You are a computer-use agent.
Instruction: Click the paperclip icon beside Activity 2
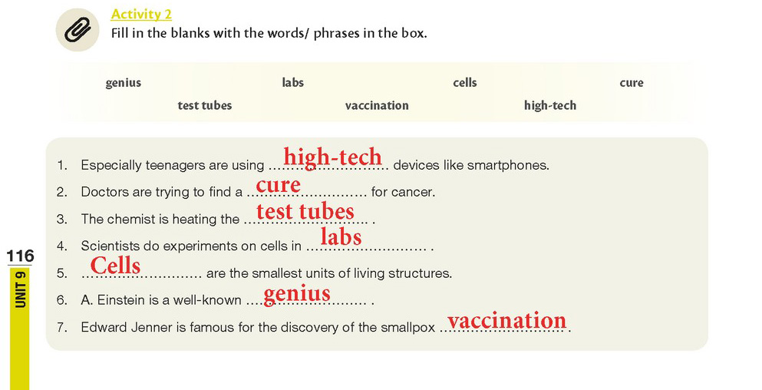point(78,30)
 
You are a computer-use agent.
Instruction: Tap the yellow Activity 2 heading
point(141,14)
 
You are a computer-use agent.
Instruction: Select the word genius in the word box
point(124,83)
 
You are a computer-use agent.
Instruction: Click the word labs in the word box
point(293,83)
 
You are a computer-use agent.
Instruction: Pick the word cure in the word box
point(632,83)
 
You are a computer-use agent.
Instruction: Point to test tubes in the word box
point(205,105)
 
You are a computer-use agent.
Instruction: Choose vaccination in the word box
point(377,105)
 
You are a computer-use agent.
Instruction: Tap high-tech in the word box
point(550,105)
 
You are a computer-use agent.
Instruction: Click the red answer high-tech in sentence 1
point(333,157)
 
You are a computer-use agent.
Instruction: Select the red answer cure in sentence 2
point(279,185)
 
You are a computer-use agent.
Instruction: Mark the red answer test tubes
point(305,212)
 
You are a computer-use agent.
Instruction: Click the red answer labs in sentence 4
point(341,236)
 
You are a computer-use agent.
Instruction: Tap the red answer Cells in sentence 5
point(115,266)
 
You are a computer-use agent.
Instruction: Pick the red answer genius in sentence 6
point(297,294)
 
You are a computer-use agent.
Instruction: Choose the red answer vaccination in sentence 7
point(507,320)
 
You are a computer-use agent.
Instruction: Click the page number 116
point(20,256)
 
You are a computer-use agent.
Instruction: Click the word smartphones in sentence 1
point(508,165)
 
